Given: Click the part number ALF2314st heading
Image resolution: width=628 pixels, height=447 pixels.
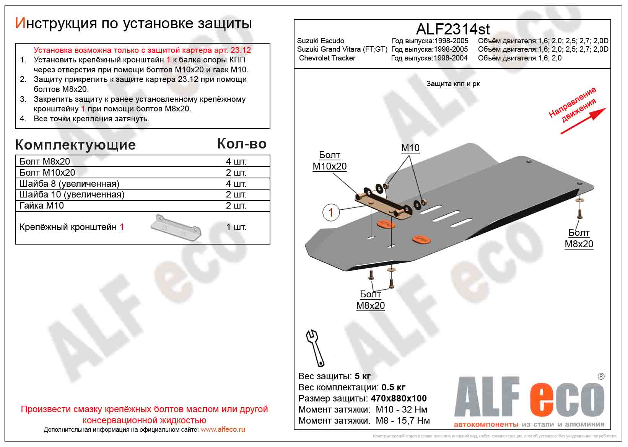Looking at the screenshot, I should point(452,29).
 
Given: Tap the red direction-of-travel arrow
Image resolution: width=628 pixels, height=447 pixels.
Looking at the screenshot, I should point(583,121).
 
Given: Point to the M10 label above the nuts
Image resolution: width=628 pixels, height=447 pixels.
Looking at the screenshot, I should point(410,148).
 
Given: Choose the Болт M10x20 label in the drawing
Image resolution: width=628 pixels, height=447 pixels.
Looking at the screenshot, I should point(329,161).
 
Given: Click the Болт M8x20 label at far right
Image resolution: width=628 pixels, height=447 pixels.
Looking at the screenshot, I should point(579,238).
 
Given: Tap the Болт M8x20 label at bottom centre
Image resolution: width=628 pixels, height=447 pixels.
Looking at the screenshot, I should point(370,300).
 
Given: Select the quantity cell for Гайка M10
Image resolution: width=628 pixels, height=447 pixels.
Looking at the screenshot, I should point(236,206).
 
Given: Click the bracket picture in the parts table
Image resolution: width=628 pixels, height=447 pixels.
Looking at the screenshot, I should point(176,227).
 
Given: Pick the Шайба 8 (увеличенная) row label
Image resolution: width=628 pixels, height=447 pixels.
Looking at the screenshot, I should point(69,184).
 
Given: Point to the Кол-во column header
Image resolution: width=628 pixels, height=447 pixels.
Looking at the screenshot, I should point(242,144).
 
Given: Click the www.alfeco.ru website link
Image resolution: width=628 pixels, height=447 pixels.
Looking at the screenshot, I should point(223,429).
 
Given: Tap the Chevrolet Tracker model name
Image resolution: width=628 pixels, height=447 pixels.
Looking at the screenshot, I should point(327,58).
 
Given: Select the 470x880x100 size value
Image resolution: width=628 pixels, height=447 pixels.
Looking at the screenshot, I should point(399,398).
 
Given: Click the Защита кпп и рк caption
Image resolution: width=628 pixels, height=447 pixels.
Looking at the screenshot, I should point(453,84).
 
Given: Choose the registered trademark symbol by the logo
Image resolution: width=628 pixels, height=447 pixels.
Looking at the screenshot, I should point(601,377).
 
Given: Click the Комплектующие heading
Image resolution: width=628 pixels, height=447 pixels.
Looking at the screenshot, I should point(75,145).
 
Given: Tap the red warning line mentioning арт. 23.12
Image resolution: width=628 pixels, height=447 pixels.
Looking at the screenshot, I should point(142,50).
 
